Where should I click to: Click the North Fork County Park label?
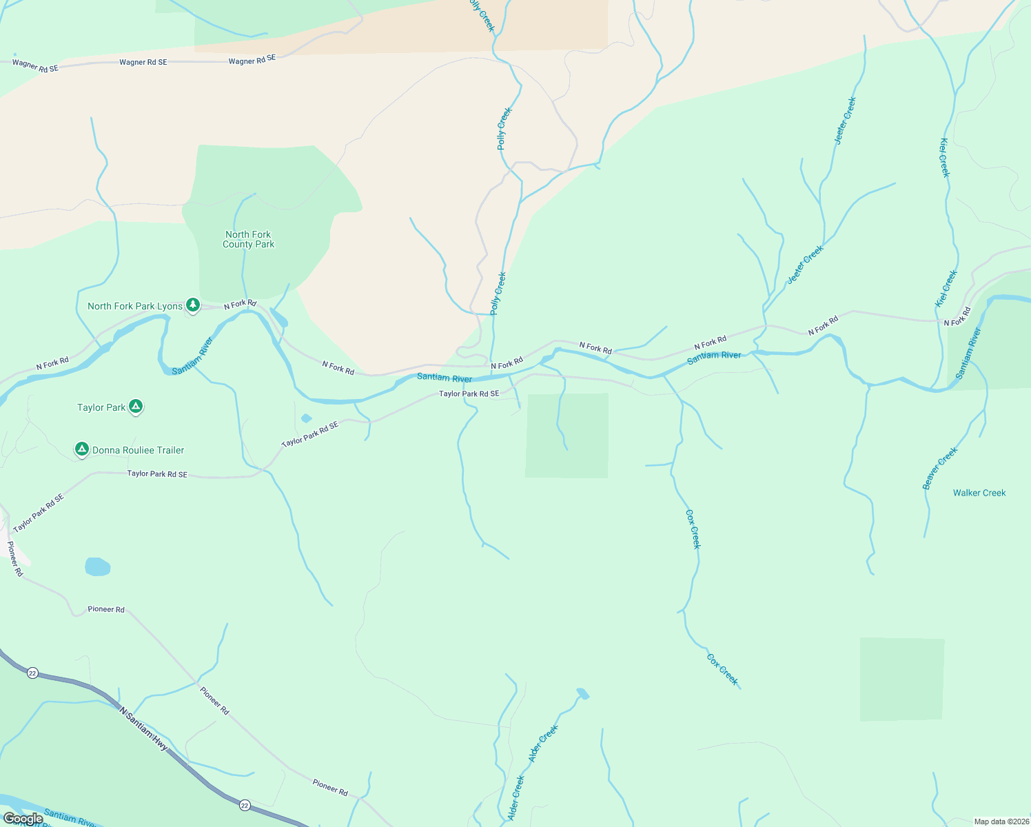tap(248, 239)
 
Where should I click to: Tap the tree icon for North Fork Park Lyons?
tap(193, 305)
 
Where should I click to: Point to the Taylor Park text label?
tap(101, 407)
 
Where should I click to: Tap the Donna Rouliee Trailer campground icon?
tap(82, 450)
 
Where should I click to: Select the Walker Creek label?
tap(979, 493)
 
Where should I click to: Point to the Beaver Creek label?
tap(940, 469)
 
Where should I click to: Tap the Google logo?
tap(23, 819)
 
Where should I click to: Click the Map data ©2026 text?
tap(1000, 821)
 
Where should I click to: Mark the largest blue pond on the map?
tap(97, 566)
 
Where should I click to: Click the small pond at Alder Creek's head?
tap(583, 693)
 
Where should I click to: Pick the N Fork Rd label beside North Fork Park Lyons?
tap(240, 304)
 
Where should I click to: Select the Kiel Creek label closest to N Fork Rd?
tap(946, 289)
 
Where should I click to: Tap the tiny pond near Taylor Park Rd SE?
tap(307, 418)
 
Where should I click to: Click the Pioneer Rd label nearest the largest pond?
tap(106, 609)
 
